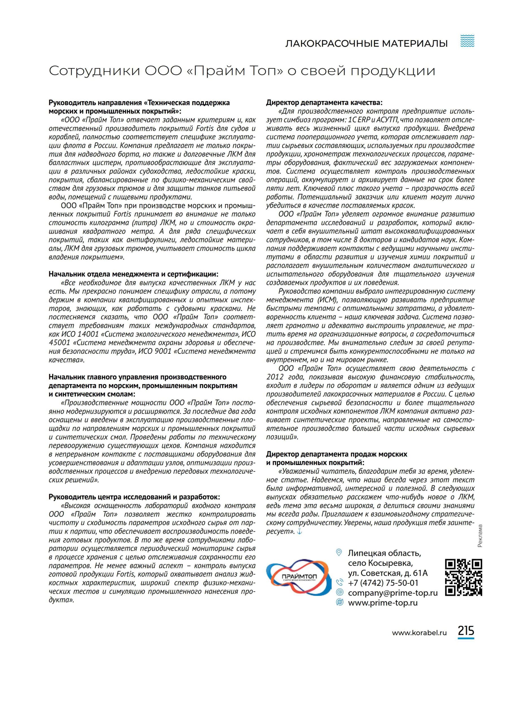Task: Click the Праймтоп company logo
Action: point(298,578)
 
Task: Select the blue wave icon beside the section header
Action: point(467,41)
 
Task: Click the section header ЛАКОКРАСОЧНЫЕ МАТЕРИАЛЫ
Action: point(366,43)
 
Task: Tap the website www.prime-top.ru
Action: point(383,603)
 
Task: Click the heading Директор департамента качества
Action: point(325,102)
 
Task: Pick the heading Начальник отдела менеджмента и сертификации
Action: point(133,274)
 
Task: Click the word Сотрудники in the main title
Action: point(95,71)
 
